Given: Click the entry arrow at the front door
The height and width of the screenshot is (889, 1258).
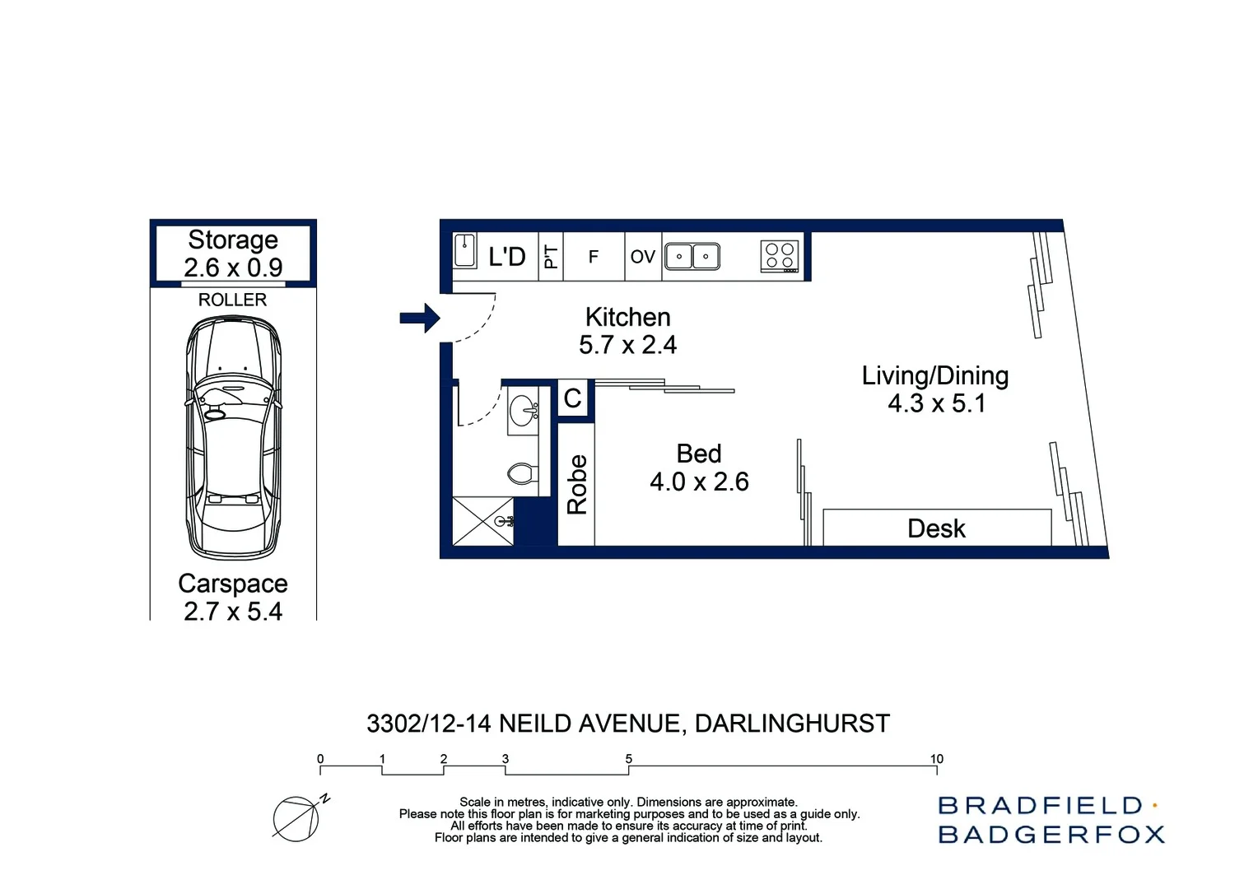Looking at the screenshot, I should (x=420, y=318).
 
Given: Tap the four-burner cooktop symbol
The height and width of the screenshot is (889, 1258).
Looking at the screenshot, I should (x=779, y=257).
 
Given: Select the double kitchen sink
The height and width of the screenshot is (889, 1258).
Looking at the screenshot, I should (x=692, y=257).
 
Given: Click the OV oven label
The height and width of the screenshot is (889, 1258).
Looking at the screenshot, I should (x=642, y=257).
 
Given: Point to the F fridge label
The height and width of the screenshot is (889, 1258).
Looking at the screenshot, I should (x=593, y=257).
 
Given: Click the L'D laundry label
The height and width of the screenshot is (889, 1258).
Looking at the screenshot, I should (x=506, y=257).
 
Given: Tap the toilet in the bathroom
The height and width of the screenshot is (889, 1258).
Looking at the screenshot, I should (x=522, y=473).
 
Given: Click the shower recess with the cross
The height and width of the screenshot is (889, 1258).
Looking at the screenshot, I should (x=483, y=520).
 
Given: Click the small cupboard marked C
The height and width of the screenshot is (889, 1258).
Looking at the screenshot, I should (x=573, y=398).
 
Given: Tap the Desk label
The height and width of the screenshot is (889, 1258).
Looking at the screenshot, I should (x=936, y=528).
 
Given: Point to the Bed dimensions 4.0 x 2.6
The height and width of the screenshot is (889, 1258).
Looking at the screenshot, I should (x=699, y=482).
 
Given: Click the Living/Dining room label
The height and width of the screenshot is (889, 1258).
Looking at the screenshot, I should (x=935, y=375).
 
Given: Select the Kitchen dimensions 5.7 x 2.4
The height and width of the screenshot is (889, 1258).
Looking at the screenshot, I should (x=627, y=345).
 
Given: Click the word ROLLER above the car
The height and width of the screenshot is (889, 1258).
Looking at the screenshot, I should (x=232, y=300).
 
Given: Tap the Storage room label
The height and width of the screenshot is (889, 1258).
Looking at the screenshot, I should (x=233, y=240).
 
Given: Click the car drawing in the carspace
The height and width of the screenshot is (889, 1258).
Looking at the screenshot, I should (x=234, y=436).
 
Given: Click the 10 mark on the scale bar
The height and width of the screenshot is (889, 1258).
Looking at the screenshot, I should (x=936, y=759).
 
